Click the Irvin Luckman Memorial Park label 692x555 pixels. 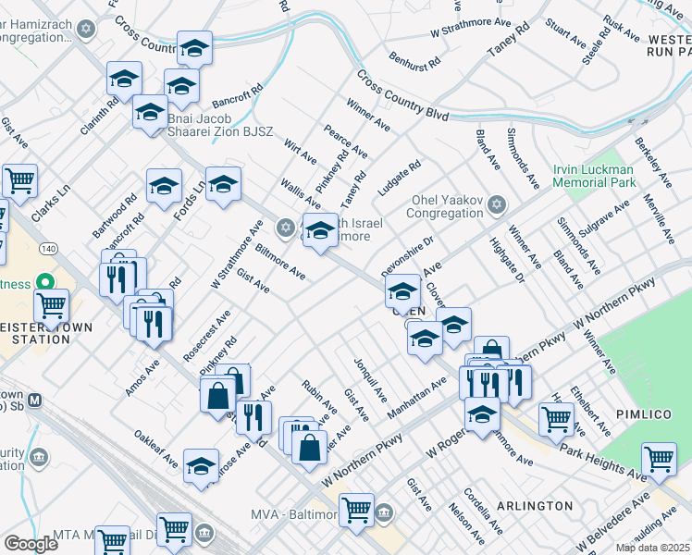pos(606,176)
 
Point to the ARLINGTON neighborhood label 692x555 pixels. pos(535,506)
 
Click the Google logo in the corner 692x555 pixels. pos(31,544)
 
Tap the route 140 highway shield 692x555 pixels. pos(49,250)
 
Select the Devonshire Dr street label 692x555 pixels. pos(407,255)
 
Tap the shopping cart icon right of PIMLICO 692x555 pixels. pos(659,458)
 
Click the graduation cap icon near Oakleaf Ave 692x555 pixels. pos(201,466)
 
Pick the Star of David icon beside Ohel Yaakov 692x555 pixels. pos(497,203)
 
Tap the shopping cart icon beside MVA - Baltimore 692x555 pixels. pos(356,509)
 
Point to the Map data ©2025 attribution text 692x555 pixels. pos(653,548)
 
